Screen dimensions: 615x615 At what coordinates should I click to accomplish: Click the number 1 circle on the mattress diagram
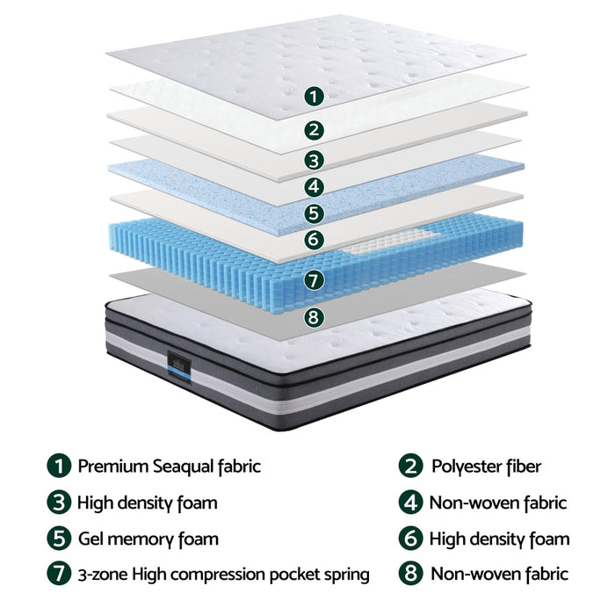(x=314, y=96)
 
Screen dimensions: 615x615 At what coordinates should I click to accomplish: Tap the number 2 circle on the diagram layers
(x=314, y=130)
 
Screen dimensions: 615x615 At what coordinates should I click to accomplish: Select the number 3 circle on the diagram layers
(x=314, y=160)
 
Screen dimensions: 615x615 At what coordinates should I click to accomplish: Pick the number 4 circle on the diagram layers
(x=314, y=186)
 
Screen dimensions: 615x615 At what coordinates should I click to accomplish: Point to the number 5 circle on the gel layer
(x=314, y=213)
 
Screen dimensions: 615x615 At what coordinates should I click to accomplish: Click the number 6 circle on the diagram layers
(x=314, y=238)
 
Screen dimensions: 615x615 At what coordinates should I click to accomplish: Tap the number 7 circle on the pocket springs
(x=314, y=279)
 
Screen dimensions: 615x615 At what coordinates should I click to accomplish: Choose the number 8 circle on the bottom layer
(x=314, y=317)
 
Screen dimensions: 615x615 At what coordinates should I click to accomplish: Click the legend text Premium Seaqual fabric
(x=169, y=467)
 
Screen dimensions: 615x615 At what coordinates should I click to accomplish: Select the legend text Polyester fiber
(x=486, y=467)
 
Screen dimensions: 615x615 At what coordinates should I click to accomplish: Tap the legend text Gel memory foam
(x=148, y=539)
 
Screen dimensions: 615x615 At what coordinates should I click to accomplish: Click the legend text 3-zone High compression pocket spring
(x=223, y=575)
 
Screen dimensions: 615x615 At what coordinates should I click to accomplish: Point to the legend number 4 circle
(x=410, y=503)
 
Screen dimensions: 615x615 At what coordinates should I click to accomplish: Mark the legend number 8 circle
(x=410, y=575)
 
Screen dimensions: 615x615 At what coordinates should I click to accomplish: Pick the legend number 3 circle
(x=59, y=503)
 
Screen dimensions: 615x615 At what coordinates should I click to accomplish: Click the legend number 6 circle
(x=410, y=539)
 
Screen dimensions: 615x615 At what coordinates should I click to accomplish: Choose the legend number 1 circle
(x=59, y=467)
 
